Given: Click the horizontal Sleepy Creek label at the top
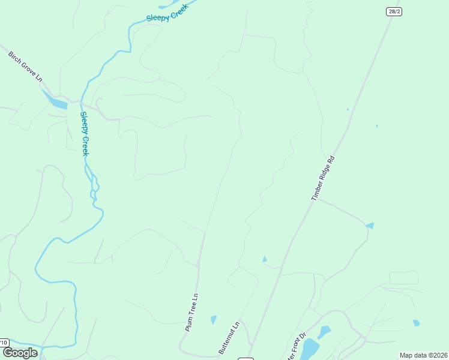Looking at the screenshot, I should click(x=167, y=12).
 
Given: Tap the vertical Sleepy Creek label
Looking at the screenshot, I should click(x=85, y=134).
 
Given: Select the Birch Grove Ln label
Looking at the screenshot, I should click(x=25, y=66).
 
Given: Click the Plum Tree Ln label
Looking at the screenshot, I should click(x=192, y=312).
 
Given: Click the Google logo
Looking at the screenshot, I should click(x=20, y=353).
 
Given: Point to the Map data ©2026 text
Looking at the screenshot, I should click(x=423, y=355).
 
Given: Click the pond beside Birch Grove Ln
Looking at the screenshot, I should click(x=56, y=101).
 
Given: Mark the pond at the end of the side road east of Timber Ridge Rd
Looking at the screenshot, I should click(x=370, y=226).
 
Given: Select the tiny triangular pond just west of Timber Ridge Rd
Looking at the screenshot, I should click(x=264, y=259).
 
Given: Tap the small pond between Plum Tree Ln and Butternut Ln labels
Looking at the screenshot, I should click(x=214, y=320).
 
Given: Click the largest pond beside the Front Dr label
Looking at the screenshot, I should click(x=310, y=348).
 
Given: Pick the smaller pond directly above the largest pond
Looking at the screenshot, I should click(x=324, y=332).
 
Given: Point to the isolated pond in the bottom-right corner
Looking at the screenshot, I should click(x=416, y=323).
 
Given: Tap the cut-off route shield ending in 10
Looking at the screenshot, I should click(x=4, y=343).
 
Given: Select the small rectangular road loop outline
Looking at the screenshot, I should click(x=403, y=278).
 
